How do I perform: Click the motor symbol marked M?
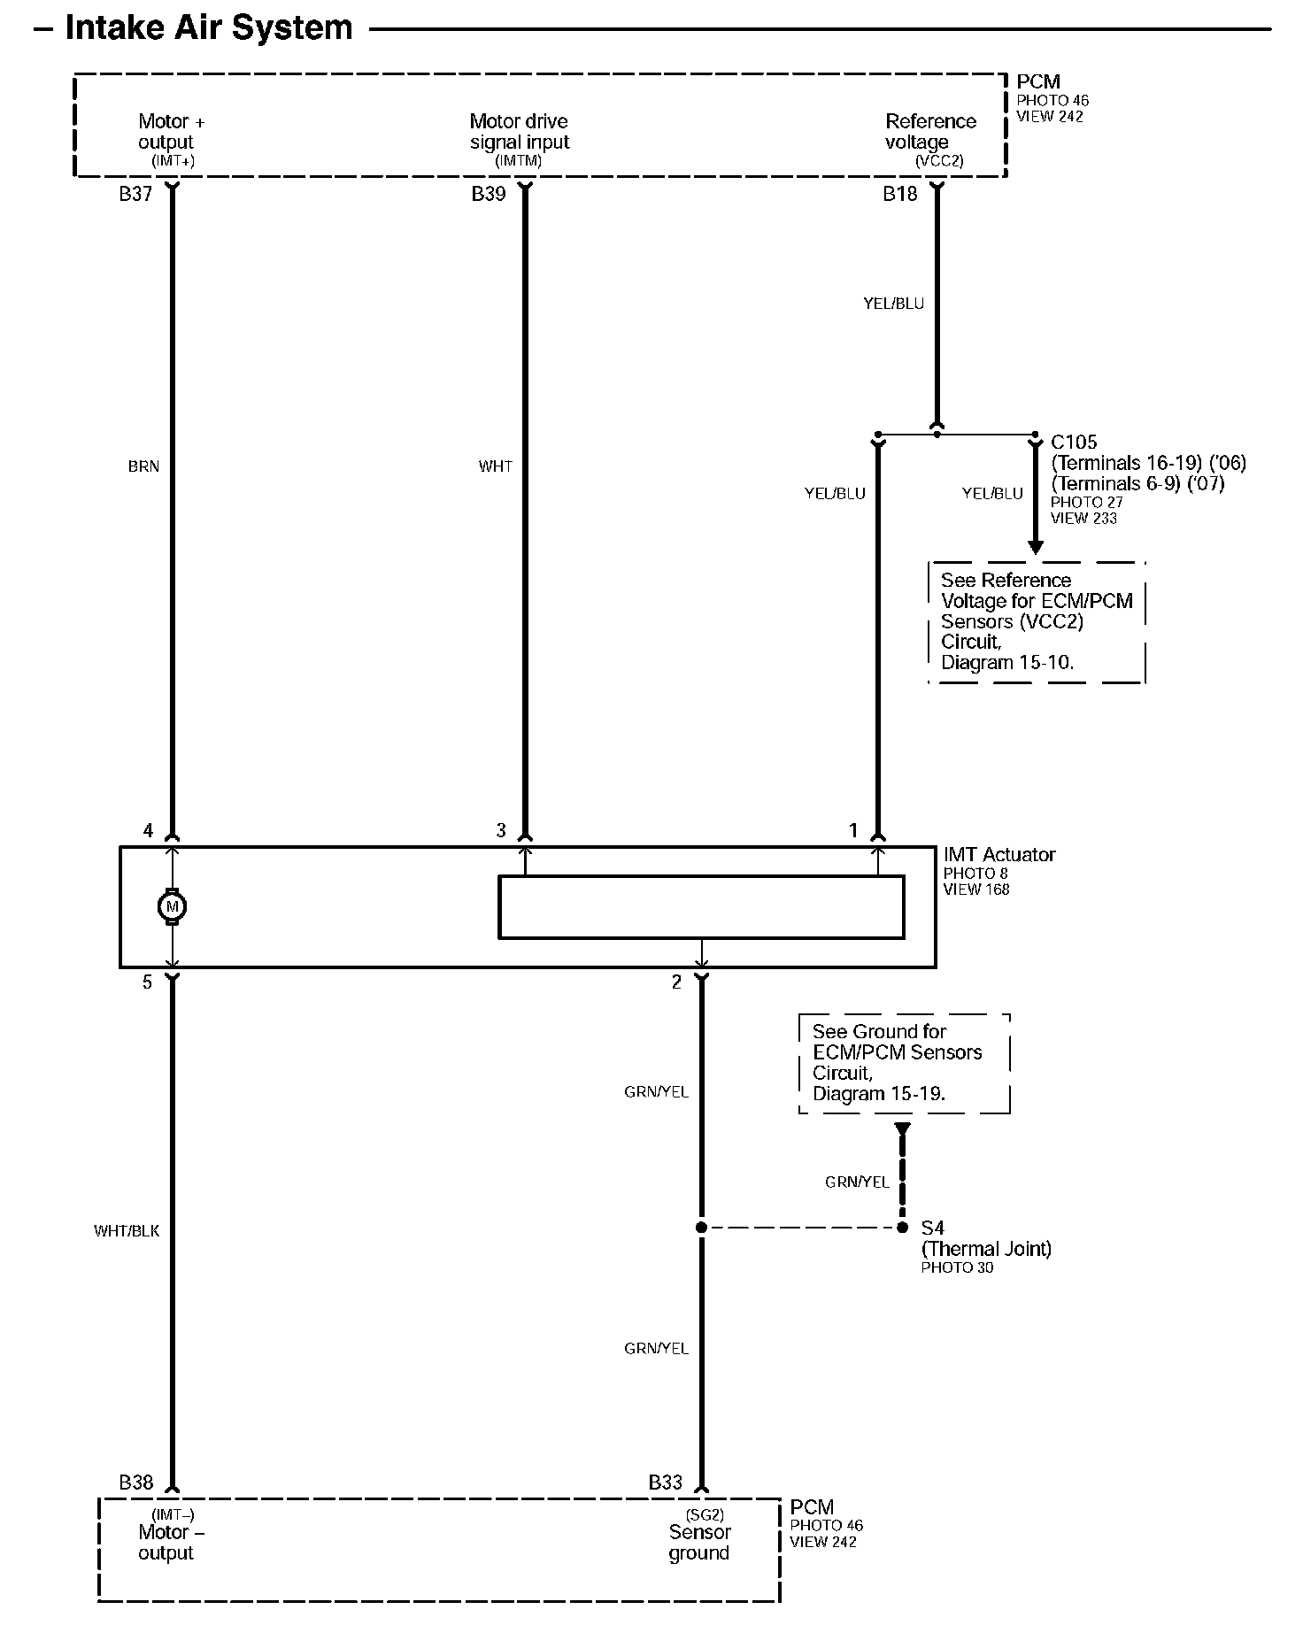click(172, 906)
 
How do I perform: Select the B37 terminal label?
click(135, 194)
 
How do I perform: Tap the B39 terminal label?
click(488, 194)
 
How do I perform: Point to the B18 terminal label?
click(899, 194)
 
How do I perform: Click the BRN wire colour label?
click(143, 466)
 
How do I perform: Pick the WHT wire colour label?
click(495, 466)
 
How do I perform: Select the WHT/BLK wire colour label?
click(127, 1231)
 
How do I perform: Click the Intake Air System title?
click(209, 27)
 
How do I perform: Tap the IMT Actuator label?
click(998, 855)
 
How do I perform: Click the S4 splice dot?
click(902, 1228)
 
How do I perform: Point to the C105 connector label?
click(1074, 442)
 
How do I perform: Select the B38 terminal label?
click(135, 1483)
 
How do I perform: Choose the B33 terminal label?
click(665, 1483)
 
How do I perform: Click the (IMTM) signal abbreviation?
click(518, 161)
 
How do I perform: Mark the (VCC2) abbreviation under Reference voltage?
click(938, 161)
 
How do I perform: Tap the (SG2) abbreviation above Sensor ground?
click(705, 1515)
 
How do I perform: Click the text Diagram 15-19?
click(878, 1094)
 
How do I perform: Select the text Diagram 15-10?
click(1006, 663)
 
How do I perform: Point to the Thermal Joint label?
click(986, 1249)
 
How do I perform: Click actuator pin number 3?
click(501, 830)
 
